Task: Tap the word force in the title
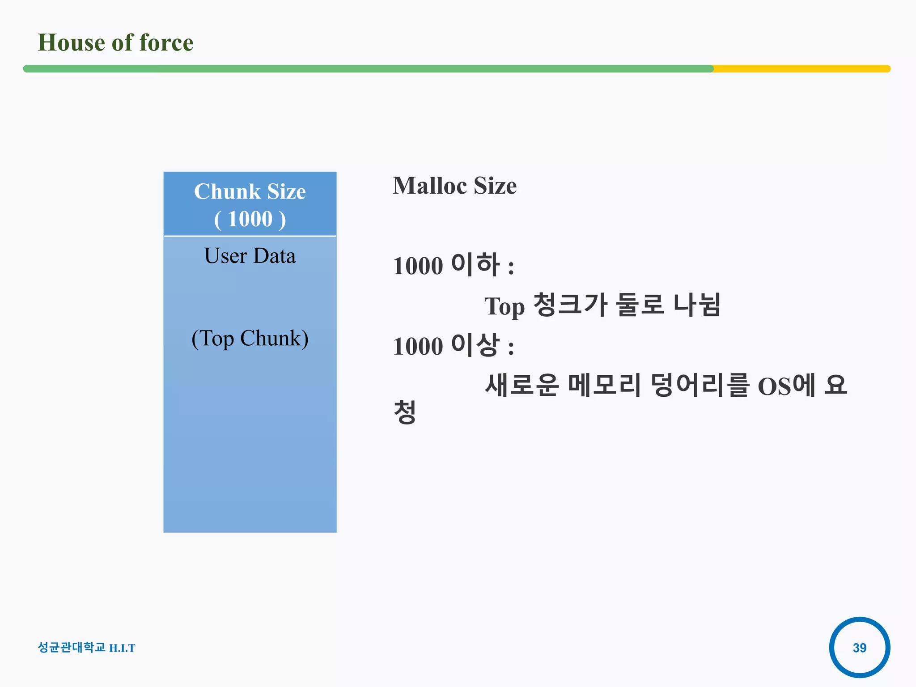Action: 166,43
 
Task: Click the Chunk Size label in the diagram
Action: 250,191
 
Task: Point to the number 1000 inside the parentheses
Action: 250,219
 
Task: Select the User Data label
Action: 250,256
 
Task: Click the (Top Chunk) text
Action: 250,338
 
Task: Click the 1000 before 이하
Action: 418,266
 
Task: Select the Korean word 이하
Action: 475,264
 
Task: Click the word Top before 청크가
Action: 505,307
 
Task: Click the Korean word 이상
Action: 475,345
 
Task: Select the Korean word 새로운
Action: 522,385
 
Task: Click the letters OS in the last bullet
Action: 774,387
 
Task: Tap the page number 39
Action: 859,648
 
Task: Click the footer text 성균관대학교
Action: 72,647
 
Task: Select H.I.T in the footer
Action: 122,648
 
